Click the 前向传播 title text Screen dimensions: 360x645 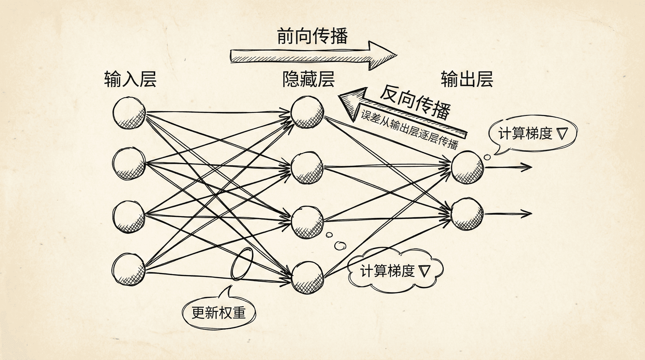point(312,36)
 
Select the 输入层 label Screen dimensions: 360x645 point(130,79)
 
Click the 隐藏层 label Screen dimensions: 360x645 point(308,79)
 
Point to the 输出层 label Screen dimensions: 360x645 point(467,79)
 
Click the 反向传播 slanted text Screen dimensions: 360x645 point(415,102)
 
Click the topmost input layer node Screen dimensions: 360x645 point(129,113)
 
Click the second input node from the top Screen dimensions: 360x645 point(129,164)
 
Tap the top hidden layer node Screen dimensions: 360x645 point(307,112)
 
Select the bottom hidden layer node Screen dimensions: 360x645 point(307,277)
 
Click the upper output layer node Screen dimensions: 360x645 point(467,167)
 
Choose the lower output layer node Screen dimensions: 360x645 point(467,214)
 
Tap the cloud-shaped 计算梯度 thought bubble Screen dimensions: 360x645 point(395,271)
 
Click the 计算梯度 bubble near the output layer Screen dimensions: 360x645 point(533,133)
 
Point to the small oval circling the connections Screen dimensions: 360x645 point(242,264)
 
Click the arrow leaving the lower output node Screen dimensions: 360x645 point(509,213)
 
